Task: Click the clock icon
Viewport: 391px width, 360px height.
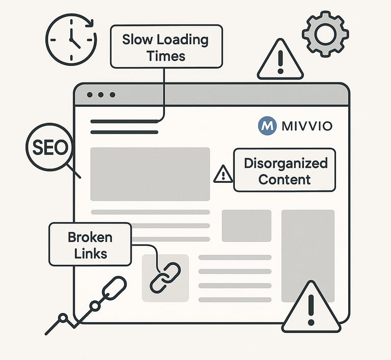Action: pos(71,39)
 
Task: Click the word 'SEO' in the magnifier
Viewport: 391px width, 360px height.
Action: pos(50,148)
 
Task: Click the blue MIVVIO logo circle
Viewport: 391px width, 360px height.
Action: pos(267,125)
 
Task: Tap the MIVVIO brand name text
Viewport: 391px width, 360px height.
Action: pos(306,126)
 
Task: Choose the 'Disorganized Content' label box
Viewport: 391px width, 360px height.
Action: pos(285,170)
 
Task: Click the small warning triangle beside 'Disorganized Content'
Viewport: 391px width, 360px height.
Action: pos(222,174)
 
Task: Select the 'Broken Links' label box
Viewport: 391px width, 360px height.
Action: pos(90,245)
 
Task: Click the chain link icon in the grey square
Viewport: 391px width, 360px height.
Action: pos(165,278)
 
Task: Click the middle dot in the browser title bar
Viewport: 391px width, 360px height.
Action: pos(101,95)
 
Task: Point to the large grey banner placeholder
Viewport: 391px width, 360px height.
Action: pos(150,174)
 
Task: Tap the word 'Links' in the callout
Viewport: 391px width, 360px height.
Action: pos(91,253)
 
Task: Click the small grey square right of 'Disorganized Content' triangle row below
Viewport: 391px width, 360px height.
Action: pos(246,226)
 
